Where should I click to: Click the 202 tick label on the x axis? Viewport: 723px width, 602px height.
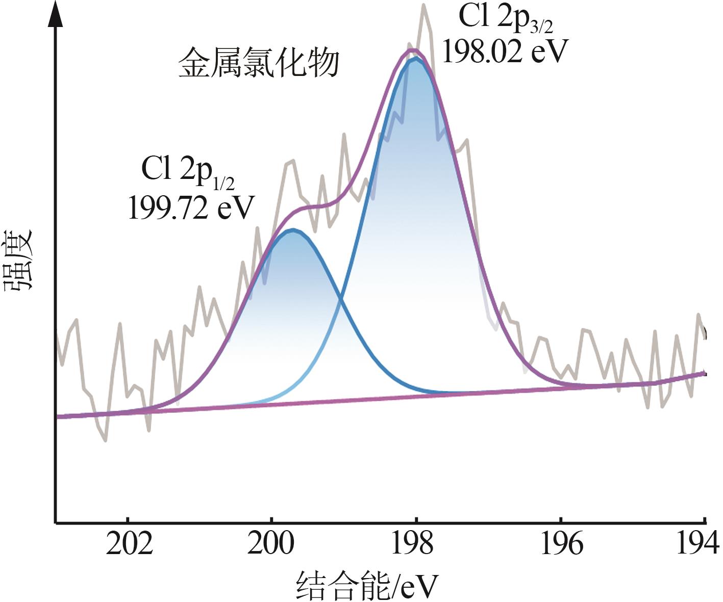point(129,544)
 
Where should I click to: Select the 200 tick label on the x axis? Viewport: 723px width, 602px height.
point(271,544)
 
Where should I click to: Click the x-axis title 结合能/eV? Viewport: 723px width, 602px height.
point(367,585)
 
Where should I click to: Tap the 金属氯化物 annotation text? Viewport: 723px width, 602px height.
point(259,63)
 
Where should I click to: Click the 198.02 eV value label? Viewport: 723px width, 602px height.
point(505,51)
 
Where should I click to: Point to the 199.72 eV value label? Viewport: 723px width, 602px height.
point(191,207)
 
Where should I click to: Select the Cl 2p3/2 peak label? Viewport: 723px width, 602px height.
point(506,18)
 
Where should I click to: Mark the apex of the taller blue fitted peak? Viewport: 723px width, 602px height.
point(416,59)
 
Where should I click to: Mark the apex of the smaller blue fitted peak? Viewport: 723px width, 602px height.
point(292,230)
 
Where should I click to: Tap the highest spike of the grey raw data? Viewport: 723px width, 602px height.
point(423,6)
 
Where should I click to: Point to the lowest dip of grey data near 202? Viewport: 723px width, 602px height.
point(106,439)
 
